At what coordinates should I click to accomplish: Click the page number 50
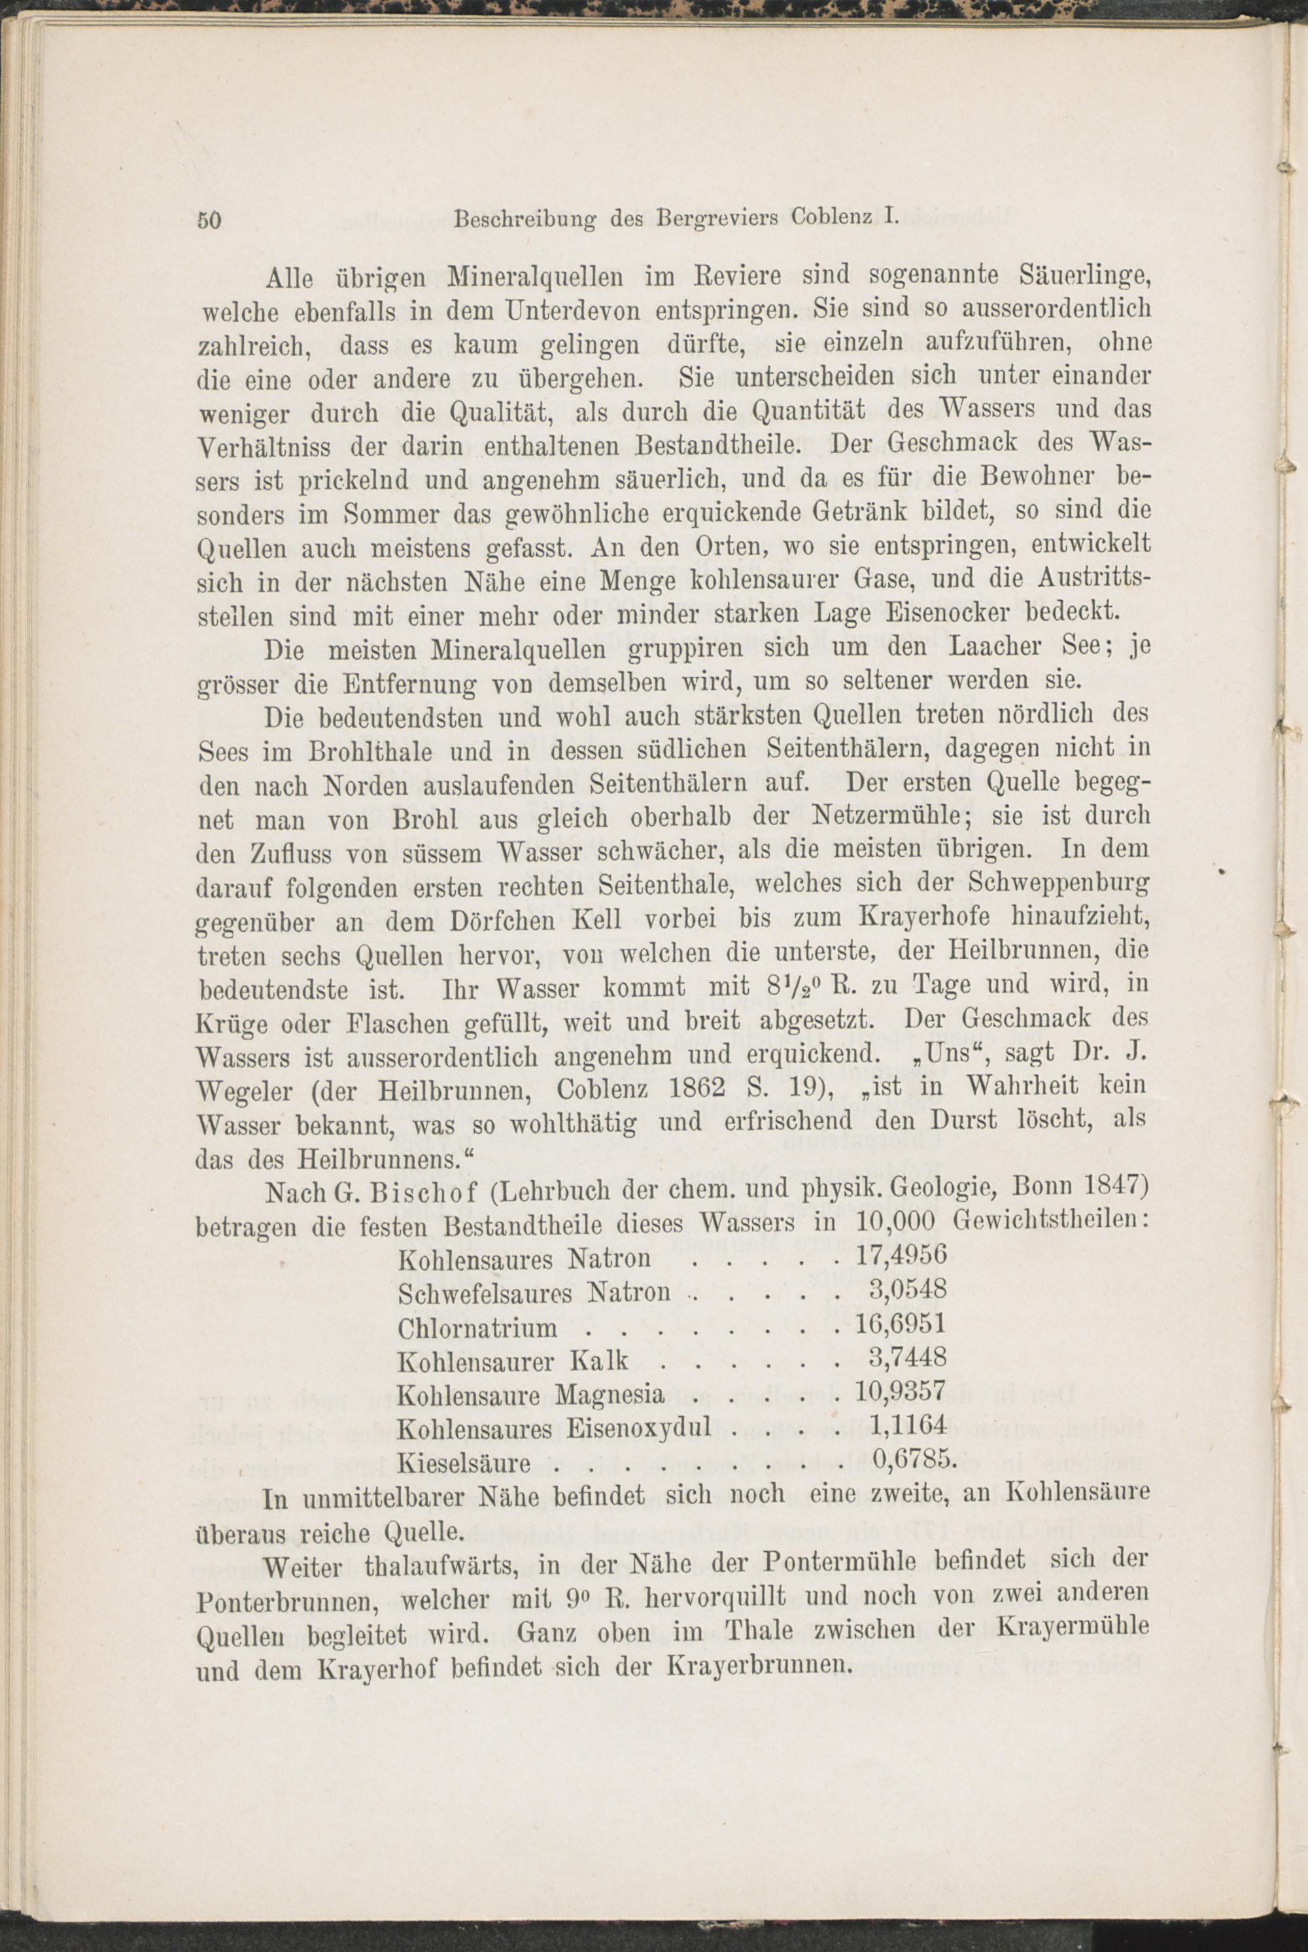pyautogui.click(x=209, y=221)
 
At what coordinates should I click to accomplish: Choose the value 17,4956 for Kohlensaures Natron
pyautogui.click(x=901, y=1255)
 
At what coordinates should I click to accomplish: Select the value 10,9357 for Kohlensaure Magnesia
pyautogui.click(x=901, y=1392)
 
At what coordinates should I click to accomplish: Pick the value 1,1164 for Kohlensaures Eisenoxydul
pyautogui.click(x=908, y=1426)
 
